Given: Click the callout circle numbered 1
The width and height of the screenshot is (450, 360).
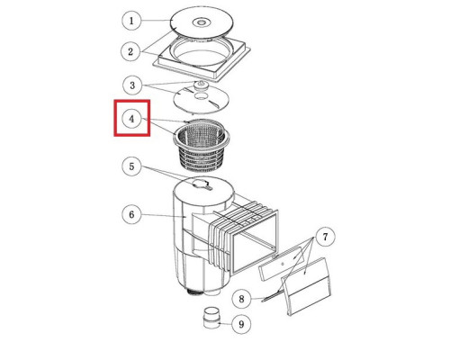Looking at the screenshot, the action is pos(131,21).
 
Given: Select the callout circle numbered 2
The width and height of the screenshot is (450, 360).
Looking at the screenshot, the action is pos(130,51).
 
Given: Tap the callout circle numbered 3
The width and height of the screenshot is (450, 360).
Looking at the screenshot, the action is pos(132,85).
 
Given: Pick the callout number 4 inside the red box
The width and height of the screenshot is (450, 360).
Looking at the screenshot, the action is pos(132,119).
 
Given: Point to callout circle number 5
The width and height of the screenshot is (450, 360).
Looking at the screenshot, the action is pos(131,166).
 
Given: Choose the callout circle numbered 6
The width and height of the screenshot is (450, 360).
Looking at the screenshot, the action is pos(131,215).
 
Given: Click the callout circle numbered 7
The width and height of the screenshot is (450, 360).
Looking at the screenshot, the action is pos(326,238).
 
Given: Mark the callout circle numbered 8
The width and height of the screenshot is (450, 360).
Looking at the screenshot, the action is pos(242,299).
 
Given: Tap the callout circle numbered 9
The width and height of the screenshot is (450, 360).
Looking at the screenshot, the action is pos(241,324).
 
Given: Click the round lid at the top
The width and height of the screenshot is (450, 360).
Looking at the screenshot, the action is pos(202,22).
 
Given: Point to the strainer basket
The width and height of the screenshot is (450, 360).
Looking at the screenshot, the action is pos(202,146).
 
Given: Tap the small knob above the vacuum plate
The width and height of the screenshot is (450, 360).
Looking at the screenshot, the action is pos(200,85).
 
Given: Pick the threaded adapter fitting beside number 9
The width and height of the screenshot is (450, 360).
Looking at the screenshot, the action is pos(211,318).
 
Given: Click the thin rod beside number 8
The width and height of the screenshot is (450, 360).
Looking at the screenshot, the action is pos(273,295).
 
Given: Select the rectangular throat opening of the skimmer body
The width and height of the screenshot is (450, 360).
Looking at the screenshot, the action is pos(254,241).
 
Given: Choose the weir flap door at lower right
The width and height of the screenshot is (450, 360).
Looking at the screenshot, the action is pos(306,286).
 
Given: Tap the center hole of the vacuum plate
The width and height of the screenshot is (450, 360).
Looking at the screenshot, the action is pos(201,96).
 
